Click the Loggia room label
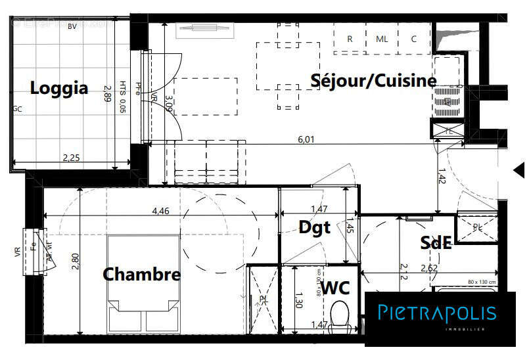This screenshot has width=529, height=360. tap(59, 88)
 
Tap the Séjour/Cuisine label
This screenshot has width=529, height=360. tap(373, 81)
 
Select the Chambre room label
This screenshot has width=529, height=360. tap(141, 274)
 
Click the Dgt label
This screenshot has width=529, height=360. tap(314, 227)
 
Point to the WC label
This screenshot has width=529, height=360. tap(335, 287)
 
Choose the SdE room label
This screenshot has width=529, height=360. tap(436, 243)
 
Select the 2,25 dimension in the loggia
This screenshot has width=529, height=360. tap(71, 158)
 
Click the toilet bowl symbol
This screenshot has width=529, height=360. tap(339, 313)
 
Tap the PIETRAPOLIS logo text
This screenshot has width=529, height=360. tap(437, 312)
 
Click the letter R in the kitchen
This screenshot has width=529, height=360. tap(350, 39)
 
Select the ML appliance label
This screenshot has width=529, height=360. tap(382, 39)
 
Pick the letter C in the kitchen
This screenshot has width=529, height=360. tap(414, 39)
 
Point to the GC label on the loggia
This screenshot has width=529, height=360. tap(17, 110)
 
